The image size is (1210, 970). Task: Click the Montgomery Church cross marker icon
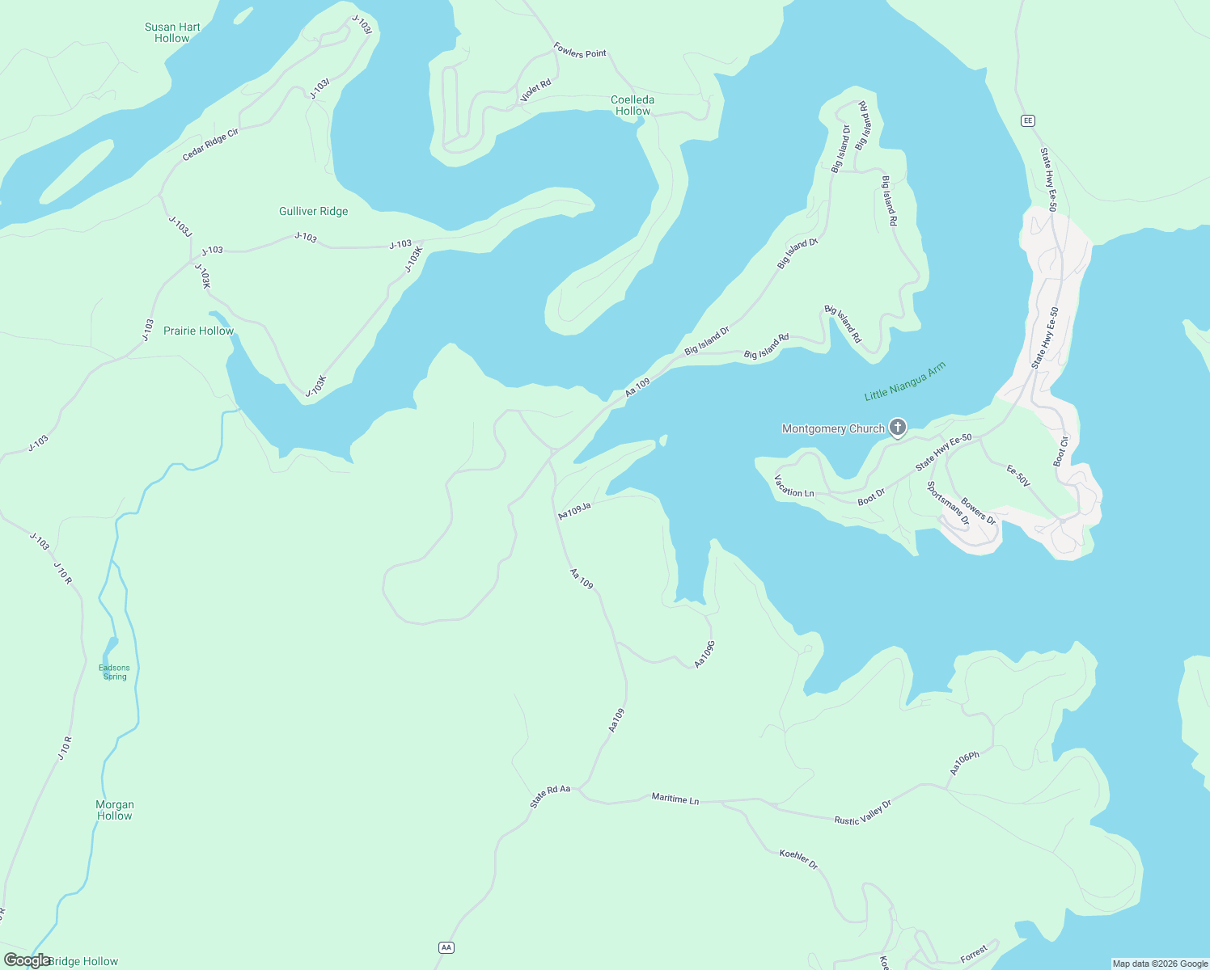(897, 427)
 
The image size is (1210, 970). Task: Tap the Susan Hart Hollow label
(172, 32)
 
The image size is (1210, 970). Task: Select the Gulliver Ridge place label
(313, 211)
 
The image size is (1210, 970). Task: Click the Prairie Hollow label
(198, 331)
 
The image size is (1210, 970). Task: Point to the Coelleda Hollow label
(632, 105)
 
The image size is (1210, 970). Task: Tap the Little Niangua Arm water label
(904, 382)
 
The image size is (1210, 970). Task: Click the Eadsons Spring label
(114, 672)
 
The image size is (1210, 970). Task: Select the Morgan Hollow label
(115, 810)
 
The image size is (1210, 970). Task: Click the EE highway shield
(1028, 120)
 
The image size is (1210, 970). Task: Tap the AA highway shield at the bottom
(446, 947)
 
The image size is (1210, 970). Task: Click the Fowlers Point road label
(580, 51)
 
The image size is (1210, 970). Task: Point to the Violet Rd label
(535, 91)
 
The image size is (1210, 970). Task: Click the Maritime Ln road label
(675, 799)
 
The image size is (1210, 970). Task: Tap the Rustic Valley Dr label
(862, 813)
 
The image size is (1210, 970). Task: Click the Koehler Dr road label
(798, 859)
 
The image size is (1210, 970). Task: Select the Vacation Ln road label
(794, 487)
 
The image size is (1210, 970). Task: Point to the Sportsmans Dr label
(947, 504)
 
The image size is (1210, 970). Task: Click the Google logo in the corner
(27, 960)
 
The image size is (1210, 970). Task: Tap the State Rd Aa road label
(550, 796)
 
